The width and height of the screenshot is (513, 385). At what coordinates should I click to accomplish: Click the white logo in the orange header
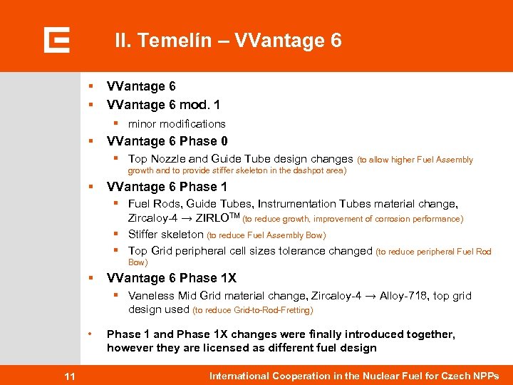[x=56, y=40]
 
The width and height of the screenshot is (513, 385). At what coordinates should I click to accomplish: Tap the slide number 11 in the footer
[x=69, y=376]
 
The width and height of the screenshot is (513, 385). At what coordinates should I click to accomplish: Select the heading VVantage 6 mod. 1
[x=163, y=105]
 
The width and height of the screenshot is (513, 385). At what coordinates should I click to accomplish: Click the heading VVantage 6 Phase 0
[x=167, y=141]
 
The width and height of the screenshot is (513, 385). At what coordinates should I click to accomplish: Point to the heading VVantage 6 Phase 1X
[x=171, y=278]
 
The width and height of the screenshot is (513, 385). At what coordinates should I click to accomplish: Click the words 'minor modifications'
[x=177, y=124]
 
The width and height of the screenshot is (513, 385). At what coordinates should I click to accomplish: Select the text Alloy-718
[x=405, y=296]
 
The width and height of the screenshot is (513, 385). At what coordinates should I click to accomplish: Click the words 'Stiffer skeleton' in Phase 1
[x=165, y=235]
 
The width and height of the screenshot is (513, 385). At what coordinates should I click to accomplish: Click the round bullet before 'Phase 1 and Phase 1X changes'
[x=90, y=334]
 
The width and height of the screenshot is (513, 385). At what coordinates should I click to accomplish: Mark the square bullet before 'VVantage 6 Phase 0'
[x=90, y=141]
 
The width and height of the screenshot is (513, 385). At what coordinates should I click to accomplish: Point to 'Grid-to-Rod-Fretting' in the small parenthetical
[x=273, y=310]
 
